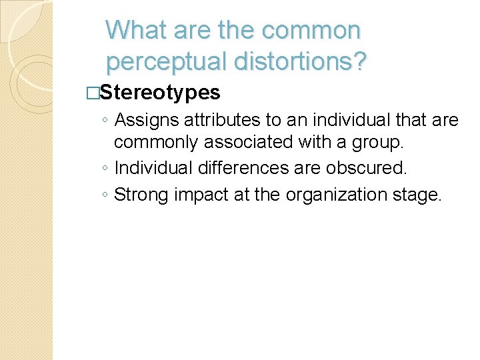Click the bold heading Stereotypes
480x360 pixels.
point(160,92)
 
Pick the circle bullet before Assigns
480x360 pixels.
point(107,121)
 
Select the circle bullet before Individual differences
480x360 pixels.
point(107,169)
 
